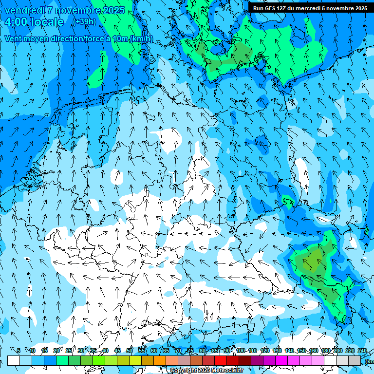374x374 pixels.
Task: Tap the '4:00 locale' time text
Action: click(34, 22)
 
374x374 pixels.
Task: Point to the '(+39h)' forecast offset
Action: click(84, 21)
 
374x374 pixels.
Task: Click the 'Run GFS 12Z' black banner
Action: click(307, 8)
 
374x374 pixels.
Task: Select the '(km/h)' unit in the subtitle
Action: click(141, 38)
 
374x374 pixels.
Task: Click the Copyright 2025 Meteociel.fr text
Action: click(207, 371)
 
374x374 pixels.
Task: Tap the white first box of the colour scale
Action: click(14, 360)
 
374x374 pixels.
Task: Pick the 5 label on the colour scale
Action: click(19, 351)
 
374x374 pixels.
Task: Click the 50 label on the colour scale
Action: click(130, 351)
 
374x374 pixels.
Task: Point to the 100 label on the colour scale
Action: click(240, 351)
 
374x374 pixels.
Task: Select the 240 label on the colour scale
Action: click(362, 351)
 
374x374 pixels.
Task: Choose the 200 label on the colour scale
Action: click(337, 351)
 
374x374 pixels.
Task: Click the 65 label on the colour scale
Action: click(166, 351)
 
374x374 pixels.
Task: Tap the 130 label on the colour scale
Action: click(277, 351)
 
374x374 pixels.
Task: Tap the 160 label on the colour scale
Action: click(313, 351)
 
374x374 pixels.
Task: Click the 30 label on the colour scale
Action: click(80, 351)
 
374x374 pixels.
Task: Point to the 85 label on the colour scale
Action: click(215, 351)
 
